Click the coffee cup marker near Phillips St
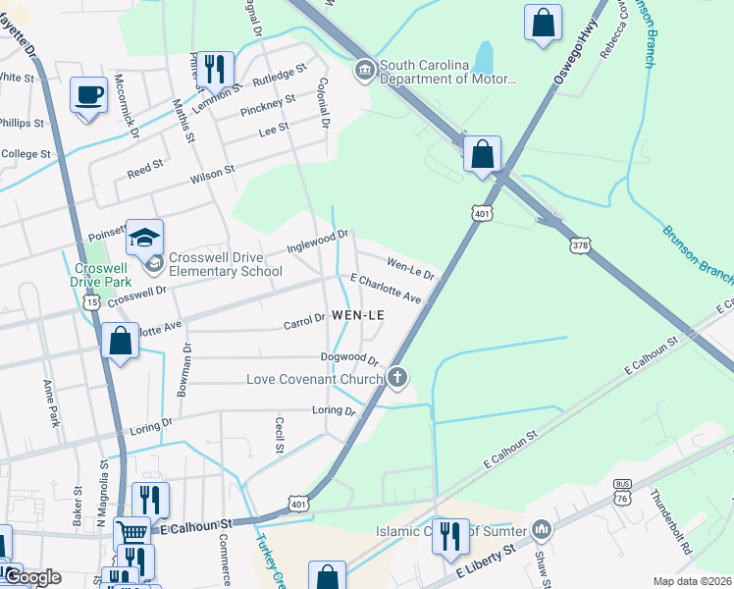point(88,95)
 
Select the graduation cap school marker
point(144,238)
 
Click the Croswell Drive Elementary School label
point(225,264)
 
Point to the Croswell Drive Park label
point(101,273)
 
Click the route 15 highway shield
point(91,303)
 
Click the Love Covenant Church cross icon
point(397,377)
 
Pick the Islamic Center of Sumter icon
point(544,531)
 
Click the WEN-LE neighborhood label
point(356,314)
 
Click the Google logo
point(31,577)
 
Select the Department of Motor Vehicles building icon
point(364,69)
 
